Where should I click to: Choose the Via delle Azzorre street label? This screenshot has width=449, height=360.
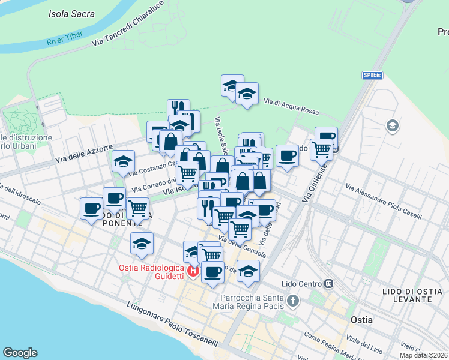pos(84,154)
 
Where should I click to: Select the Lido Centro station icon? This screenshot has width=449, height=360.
pos(328,283)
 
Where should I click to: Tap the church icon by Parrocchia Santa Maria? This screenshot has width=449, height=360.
pos(292,300)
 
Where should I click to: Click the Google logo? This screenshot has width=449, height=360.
pos(20,353)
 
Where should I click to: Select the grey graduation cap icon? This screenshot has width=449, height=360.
pos(393,125)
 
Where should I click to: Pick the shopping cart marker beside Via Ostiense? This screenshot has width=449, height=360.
pos(322,149)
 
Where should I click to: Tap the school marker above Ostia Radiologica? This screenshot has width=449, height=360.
pos(142,244)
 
